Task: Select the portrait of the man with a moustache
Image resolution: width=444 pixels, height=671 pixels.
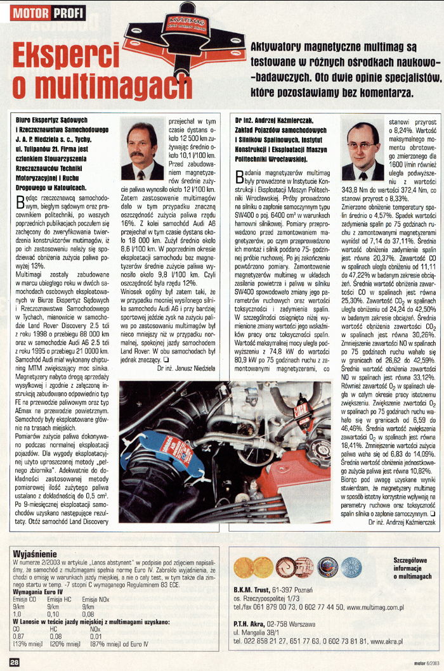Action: click(141, 151)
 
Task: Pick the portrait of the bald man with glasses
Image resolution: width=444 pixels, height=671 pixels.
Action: click(363, 151)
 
